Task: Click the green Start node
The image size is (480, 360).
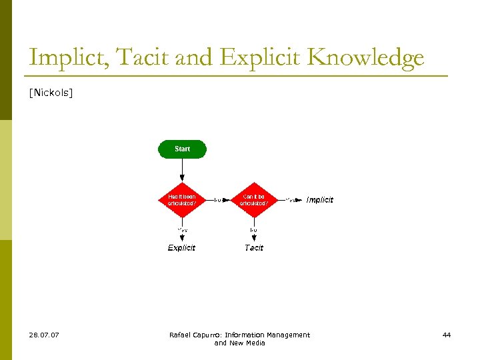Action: pos(182,149)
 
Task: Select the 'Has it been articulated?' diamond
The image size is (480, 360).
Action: pos(182,199)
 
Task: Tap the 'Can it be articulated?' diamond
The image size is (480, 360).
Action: pos(253,199)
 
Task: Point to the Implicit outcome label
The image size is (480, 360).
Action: pos(319,200)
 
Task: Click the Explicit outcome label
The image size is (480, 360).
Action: pos(181,247)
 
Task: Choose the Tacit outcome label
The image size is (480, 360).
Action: pos(254,247)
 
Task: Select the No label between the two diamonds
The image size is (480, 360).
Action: pos(218,199)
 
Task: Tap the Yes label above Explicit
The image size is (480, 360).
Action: pos(182,230)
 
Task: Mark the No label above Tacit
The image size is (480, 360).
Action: pos(253,230)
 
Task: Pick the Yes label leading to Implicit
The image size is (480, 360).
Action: pos(291,199)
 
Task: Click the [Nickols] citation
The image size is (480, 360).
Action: pos(51,93)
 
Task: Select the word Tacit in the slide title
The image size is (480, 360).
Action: pos(143,58)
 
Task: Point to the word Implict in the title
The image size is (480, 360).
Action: pos(69,58)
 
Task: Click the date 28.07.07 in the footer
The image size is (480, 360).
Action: pos(44,335)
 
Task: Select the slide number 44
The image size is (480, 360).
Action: pos(447,335)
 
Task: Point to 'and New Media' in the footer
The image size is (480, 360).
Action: pos(239,343)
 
